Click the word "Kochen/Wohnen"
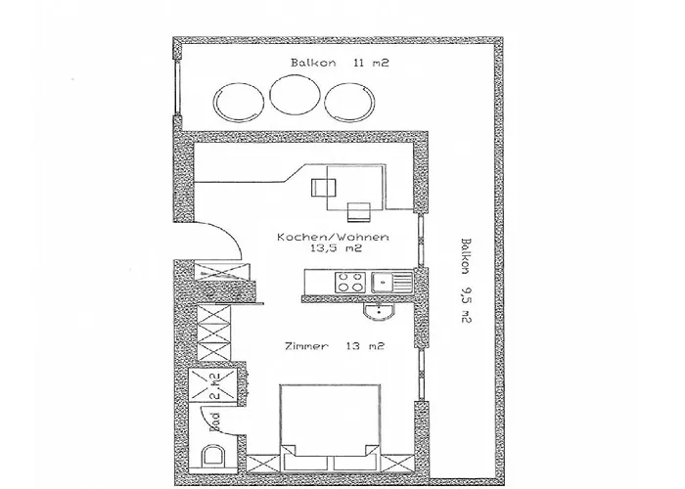[334, 238]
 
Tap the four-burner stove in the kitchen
[349, 284]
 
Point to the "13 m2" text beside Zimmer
[364, 346]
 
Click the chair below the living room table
[357, 209]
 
